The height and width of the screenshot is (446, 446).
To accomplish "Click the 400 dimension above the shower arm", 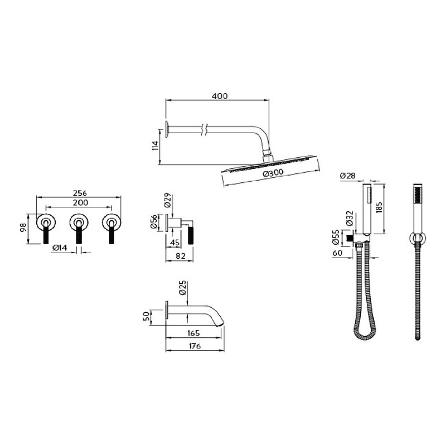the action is pyautogui.click(x=220, y=96).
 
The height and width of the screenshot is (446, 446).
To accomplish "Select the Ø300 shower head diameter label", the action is pyautogui.click(x=273, y=173).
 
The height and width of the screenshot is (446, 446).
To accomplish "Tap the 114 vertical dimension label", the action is pyautogui.click(x=156, y=146).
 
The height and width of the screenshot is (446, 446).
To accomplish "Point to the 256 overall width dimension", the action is pyautogui.click(x=80, y=193).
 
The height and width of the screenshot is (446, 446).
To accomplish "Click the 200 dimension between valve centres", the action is pyautogui.click(x=80, y=202).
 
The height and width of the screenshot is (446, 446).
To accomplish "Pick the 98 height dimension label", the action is pyautogui.click(x=23, y=228).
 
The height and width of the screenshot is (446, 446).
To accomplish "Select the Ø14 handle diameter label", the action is pyautogui.click(x=60, y=248).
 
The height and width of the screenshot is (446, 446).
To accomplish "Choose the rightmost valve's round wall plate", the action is pyautogui.click(x=112, y=222).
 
